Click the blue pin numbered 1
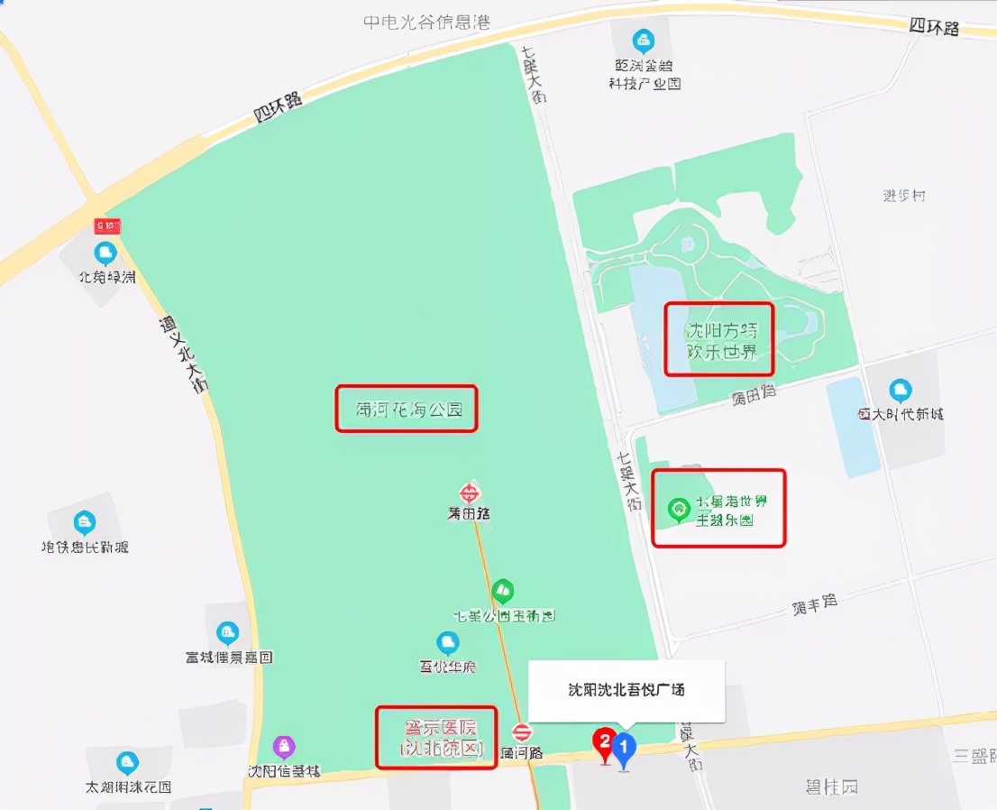[x=624, y=747]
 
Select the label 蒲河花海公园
[x=406, y=410]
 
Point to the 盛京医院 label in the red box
[x=436, y=737]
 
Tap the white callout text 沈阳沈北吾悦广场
[x=627, y=690]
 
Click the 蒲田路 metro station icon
[x=470, y=492]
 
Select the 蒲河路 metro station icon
[x=522, y=732]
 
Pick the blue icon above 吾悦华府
[x=447, y=643]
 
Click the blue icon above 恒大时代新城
[x=900, y=391]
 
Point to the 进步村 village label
[x=904, y=196]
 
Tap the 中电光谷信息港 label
[x=426, y=23]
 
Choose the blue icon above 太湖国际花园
[x=127, y=762]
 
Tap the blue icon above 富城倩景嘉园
[x=228, y=633]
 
